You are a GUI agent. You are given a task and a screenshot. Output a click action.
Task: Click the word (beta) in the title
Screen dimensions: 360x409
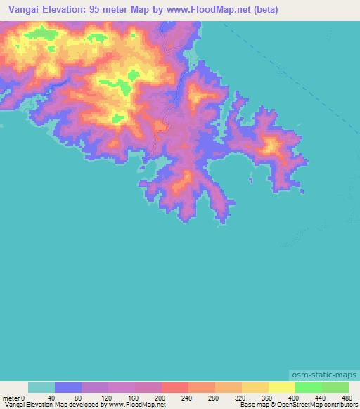(265, 10)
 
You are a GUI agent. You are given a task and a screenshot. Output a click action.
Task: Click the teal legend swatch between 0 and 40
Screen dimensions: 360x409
(41, 387)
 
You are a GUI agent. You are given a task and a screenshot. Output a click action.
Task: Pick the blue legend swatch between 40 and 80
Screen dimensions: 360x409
(68, 387)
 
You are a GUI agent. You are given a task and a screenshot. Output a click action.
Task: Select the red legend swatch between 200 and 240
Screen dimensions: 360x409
(175, 387)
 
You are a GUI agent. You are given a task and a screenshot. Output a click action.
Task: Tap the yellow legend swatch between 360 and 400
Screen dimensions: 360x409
(282, 387)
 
